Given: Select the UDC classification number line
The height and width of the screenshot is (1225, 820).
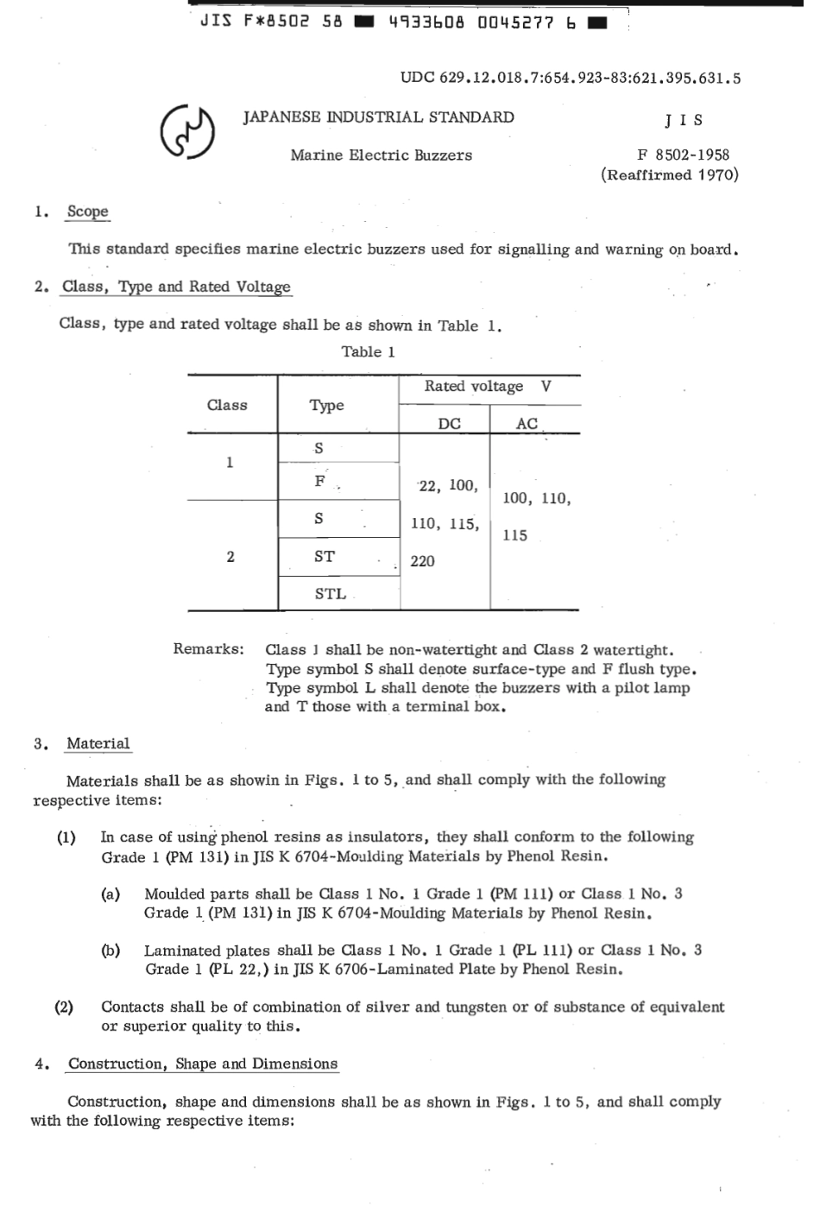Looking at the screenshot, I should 570,79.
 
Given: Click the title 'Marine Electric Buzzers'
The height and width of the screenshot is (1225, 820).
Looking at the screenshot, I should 381,155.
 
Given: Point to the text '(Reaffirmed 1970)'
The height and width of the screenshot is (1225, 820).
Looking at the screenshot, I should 670,175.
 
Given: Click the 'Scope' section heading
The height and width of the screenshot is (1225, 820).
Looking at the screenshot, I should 87,212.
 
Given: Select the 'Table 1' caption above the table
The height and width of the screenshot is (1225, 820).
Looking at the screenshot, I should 368,351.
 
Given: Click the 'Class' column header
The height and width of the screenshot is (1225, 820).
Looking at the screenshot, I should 227,405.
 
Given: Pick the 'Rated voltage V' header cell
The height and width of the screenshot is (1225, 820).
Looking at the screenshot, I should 488,387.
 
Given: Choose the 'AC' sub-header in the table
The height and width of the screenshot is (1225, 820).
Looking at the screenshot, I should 527,423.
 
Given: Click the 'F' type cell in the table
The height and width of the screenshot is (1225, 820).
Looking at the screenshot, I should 320,482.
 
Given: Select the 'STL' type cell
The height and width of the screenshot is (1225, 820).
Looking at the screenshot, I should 330,593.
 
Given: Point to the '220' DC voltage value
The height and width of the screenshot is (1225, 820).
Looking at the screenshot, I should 423,561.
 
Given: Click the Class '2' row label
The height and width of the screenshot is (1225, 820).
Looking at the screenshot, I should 230,557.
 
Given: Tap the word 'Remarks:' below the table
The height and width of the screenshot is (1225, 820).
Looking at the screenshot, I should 208,649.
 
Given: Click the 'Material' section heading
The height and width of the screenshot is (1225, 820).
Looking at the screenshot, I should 98,743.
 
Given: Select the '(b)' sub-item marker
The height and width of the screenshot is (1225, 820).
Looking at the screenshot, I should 110,950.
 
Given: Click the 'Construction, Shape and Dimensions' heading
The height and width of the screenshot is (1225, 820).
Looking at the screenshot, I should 203,1064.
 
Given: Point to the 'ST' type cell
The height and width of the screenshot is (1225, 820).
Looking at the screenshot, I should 325,557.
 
